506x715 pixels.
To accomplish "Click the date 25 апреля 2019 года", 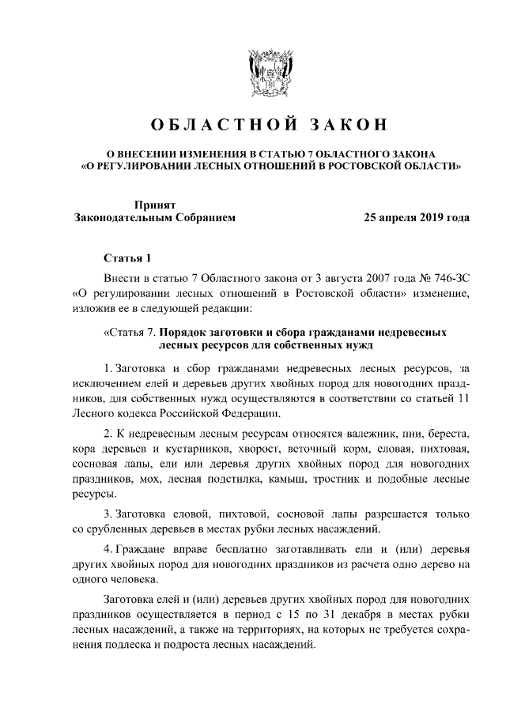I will (416, 216).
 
